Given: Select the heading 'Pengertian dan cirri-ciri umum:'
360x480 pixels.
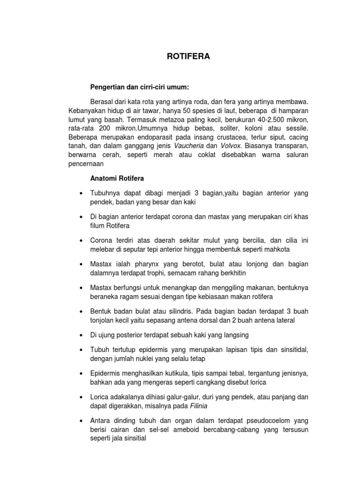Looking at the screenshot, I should click(139, 87).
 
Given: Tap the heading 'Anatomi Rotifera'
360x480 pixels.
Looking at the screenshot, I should click(117, 178).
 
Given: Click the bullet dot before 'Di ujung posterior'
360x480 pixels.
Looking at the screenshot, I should click(82, 336).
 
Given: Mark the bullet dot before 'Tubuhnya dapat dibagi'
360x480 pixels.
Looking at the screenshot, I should click(82, 194).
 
